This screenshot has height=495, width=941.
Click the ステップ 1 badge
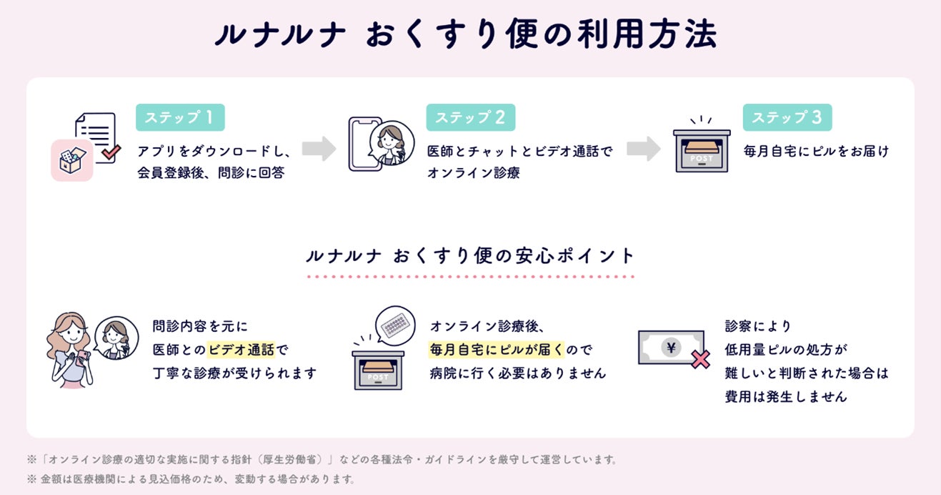[180, 118]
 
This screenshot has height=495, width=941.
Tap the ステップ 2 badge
[470, 118]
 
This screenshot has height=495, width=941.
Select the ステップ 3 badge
[787, 118]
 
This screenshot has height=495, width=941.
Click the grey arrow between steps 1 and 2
[319, 149]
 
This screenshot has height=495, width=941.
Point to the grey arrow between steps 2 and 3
[644, 149]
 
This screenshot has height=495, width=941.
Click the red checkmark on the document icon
[111, 152]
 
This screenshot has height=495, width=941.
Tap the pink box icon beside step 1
[71, 160]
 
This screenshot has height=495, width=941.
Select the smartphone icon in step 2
[362, 144]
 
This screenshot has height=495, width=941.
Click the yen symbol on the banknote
[671, 348]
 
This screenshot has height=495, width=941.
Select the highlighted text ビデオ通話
[241, 351]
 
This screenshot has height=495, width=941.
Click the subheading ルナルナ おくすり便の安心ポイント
[469, 256]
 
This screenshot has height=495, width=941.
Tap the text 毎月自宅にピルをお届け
[816, 151]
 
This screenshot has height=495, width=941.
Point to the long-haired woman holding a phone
[69, 351]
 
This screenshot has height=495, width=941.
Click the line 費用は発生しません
[786, 396]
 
